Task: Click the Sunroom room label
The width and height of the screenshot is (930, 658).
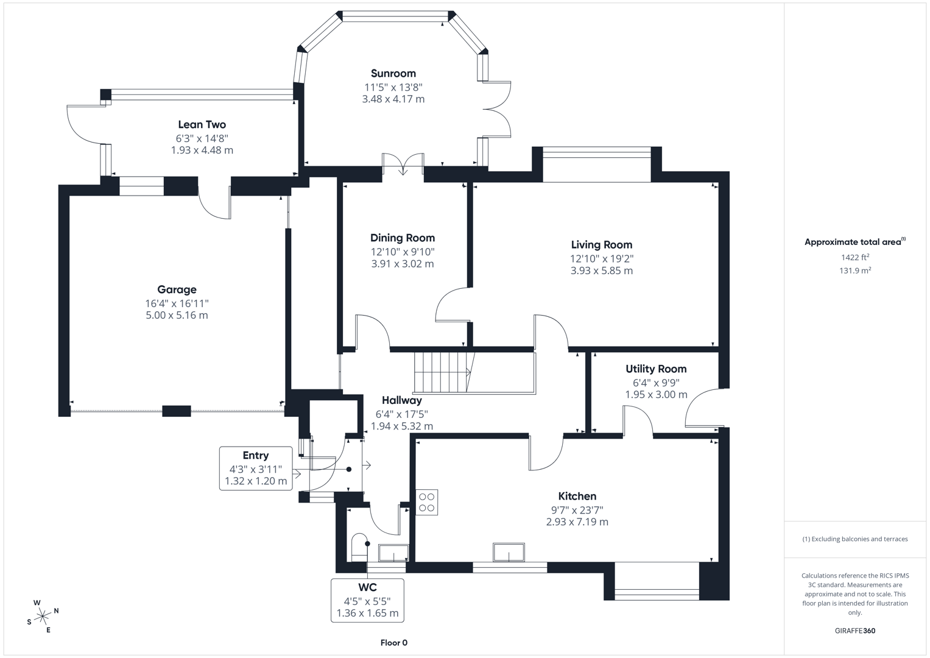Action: point(393,74)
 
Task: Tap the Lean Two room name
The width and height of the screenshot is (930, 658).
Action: point(202,125)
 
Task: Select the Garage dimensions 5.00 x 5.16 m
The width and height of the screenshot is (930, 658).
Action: point(177,315)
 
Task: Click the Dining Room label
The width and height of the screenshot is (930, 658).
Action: point(403,238)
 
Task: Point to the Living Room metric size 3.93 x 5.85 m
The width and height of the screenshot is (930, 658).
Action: point(601,271)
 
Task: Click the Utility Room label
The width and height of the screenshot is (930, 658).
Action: point(656,369)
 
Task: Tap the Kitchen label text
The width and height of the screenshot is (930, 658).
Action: point(577,496)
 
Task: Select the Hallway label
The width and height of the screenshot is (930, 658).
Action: point(401,400)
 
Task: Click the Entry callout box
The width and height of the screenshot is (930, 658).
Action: point(256,468)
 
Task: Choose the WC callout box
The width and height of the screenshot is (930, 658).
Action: point(367,600)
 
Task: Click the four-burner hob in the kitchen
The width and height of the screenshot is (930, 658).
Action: point(427,502)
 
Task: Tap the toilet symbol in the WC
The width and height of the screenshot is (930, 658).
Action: point(359,548)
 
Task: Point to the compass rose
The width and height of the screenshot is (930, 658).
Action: point(43,617)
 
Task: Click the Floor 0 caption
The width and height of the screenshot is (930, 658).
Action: point(393,643)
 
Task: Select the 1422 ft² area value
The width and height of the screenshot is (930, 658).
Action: point(854,257)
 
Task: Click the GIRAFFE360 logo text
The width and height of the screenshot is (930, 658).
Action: point(854,631)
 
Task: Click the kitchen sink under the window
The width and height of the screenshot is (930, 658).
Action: point(509,552)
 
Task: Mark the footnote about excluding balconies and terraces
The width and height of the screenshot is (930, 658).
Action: point(854,539)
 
